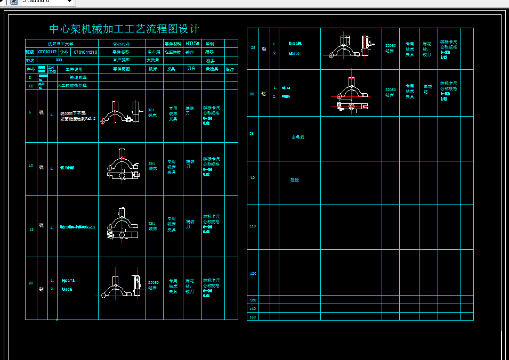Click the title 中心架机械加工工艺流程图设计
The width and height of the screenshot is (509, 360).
(124, 29)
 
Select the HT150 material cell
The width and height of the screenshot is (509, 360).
(192, 44)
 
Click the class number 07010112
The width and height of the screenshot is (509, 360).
(47, 52)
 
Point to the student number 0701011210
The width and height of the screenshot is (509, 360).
(85, 52)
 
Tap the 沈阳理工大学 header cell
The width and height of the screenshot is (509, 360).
(61, 44)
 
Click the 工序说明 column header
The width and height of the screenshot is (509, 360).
(74, 69)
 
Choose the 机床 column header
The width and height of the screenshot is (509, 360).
(153, 69)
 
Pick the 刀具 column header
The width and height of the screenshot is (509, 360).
(191, 69)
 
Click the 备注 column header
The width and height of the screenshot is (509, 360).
(230, 69)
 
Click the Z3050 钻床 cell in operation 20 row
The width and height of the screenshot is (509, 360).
(153, 284)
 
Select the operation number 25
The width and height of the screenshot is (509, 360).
(253, 48)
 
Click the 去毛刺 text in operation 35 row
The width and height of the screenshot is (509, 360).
(297, 137)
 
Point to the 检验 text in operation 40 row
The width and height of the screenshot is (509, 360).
(294, 180)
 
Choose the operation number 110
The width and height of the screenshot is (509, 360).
(253, 226)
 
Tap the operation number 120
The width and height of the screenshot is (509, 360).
(253, 273)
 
